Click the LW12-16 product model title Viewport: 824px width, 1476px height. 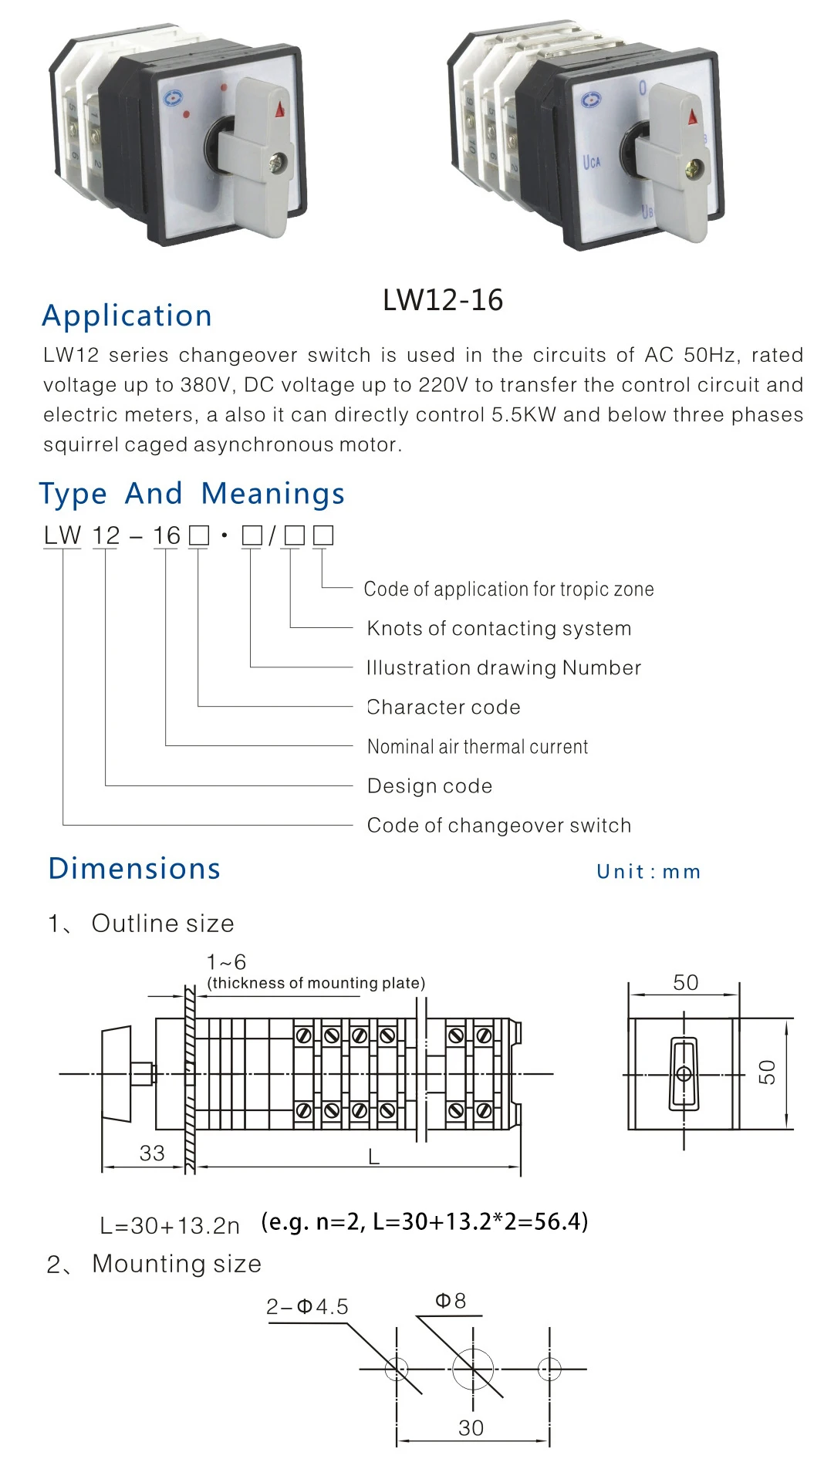click(443, 300)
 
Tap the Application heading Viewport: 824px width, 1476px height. click(127, 316)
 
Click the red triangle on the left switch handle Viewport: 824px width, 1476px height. click(279, 110)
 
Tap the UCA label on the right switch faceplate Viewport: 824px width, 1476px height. click(592, 162)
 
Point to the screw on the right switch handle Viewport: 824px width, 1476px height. click(697, 167)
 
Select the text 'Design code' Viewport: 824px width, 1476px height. click(430, 786)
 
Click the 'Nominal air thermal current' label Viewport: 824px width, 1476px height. click(478, 747)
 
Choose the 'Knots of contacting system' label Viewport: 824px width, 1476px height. click(499, 629)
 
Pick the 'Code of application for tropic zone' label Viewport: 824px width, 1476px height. click(508, 589)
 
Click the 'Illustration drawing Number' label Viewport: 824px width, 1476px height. click(504, 668)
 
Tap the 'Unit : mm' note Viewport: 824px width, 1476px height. click(649, 872)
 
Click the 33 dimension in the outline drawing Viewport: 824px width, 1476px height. click(152, 1153)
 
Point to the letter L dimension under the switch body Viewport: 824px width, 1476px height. click(374, 1157)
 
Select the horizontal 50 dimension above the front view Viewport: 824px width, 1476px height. click(685, 983)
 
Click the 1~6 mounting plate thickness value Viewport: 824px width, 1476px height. click(226, 963)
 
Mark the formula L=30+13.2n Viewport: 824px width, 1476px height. click(170, 1225)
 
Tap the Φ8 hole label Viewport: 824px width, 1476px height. click(451, 1302)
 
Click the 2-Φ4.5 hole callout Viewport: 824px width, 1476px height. click(307, 1307)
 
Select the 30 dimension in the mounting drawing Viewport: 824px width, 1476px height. click(471, 1428)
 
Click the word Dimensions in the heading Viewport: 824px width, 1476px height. click(135, 869)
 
